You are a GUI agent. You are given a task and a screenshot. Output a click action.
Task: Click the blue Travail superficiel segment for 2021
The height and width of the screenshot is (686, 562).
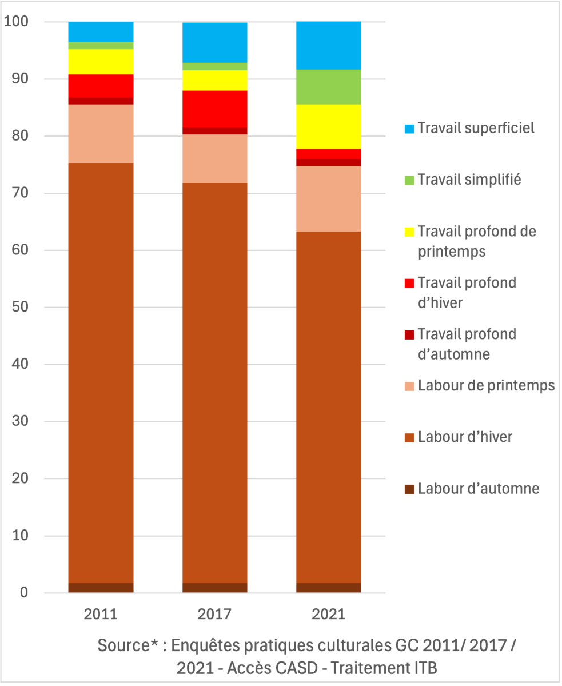click(x=328, y=45)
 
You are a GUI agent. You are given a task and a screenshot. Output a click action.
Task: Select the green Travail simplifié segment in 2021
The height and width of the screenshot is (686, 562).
click(x=328, y=87)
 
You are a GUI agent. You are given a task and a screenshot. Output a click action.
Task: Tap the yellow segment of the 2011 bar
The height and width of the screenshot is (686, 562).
click(x=101, y=62)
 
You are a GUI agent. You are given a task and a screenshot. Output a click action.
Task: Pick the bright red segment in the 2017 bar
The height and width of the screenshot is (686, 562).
click(x=214, y=109)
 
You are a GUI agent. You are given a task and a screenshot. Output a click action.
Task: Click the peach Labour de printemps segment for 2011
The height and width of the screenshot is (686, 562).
click(x=101, y=134)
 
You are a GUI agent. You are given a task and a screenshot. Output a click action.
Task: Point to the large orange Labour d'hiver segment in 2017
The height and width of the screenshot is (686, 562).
click(x=214, y=383)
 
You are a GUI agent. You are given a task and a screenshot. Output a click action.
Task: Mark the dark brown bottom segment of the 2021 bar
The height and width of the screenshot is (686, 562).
click(x=328, y=588)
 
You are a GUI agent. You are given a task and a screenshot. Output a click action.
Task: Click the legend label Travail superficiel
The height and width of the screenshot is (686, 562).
click(x=476, y=127)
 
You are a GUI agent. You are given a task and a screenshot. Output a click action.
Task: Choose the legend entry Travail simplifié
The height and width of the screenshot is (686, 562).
click(x=469, y=180)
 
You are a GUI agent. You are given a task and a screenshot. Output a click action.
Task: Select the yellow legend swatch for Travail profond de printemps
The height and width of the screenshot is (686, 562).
click(x=409, y=232)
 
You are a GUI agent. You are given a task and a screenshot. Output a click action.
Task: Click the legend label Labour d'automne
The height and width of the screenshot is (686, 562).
click(x=479, y=489)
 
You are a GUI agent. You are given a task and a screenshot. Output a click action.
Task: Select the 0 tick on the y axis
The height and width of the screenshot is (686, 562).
click(x=24, y=593)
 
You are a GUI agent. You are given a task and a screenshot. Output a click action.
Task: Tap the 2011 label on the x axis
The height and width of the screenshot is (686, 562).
click(x=101, y=615)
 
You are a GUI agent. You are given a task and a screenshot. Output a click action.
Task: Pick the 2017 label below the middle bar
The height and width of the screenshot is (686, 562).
click(x=214, y=615)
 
